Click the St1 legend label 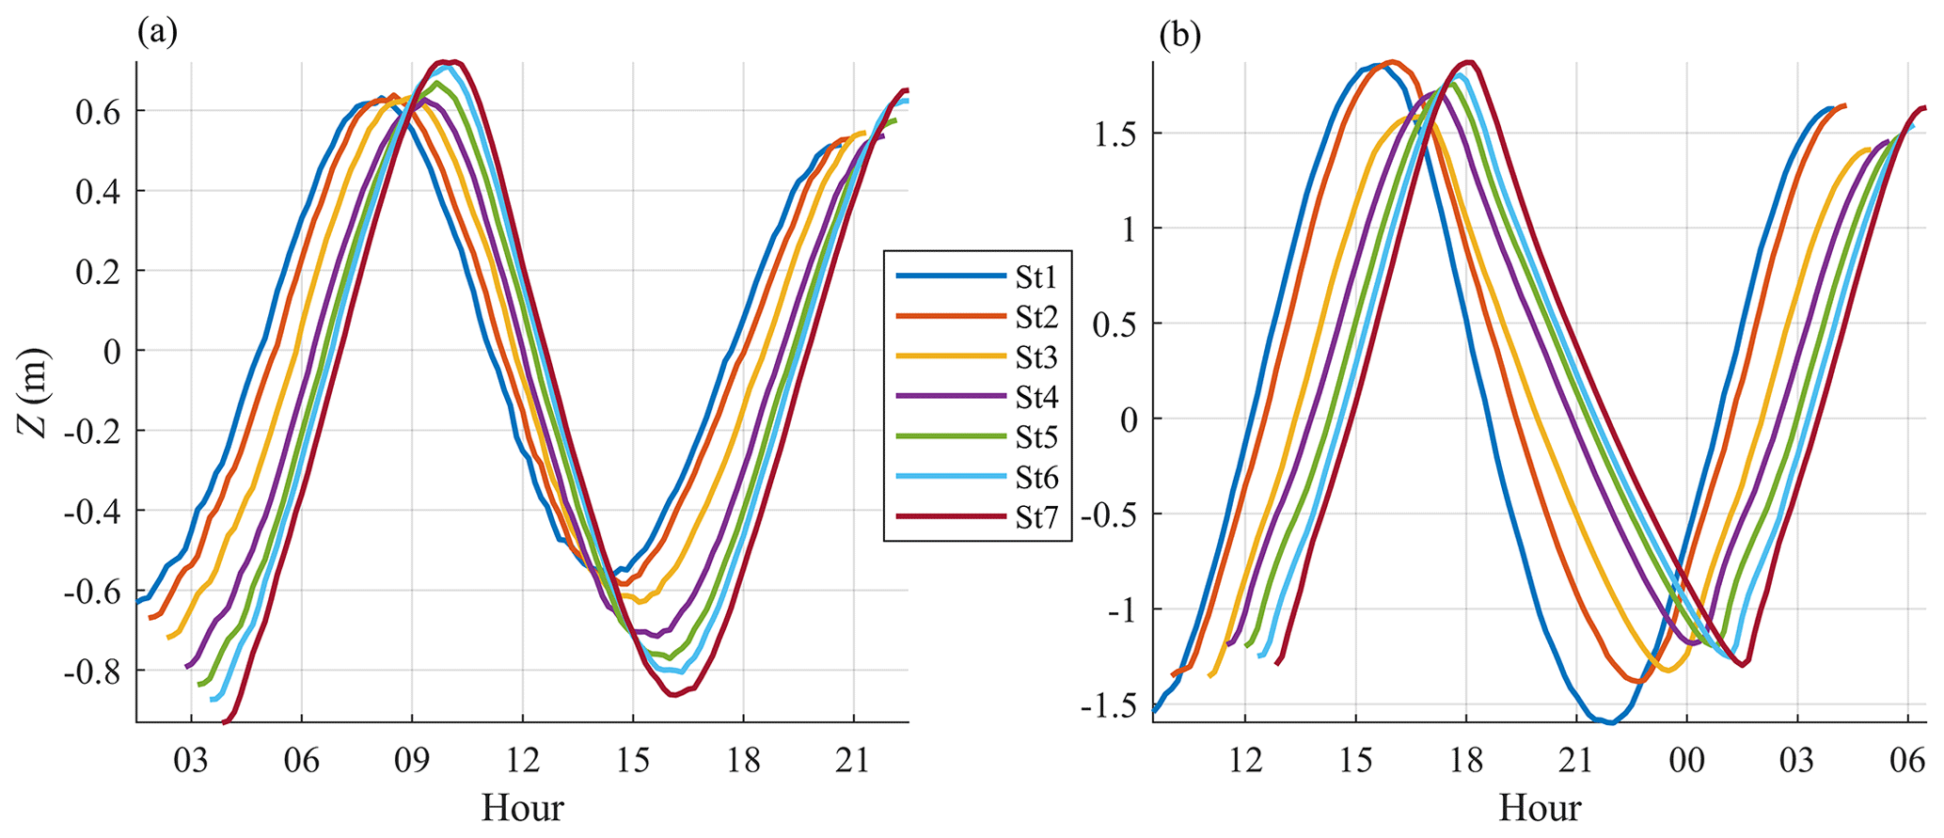click(x=1036, y=277)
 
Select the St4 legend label click(x=1036, y=398)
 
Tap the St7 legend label click(x=1036, y=518)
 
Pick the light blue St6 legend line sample click(x=950, y=478)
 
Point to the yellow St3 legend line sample click(x=950, y=357)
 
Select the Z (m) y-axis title click(x=35, y=392)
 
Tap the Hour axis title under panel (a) click(x=522, y=808)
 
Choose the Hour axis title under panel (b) click(x=1540, y=808)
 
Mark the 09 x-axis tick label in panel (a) click(x=412, y=759)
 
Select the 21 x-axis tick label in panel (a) click(x=853, y=759)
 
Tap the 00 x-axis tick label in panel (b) click(x=1686, y=759)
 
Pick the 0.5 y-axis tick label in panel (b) click(x=1115, y=324)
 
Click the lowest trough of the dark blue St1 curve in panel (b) click(x=1610, y=722)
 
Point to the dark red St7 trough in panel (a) click(x=674, y=695)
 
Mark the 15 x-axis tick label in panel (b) click(x=1355, y=759)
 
